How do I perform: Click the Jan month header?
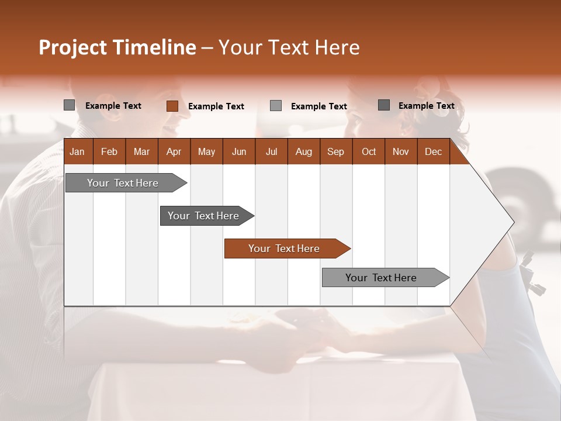77,151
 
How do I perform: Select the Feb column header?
109,151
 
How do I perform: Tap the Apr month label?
174,151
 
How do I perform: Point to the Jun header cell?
239,151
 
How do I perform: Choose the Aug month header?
303,151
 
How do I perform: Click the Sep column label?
335,151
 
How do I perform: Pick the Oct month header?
369,151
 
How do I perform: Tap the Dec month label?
433,151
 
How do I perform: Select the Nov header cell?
401,151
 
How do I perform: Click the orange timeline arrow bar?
284,249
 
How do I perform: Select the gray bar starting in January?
123,183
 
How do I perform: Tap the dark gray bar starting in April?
203,216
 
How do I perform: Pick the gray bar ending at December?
381,278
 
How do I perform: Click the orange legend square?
172,106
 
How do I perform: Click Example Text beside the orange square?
216,106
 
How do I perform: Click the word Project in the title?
72,47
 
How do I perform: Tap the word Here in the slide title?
337,47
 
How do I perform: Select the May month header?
206,151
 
